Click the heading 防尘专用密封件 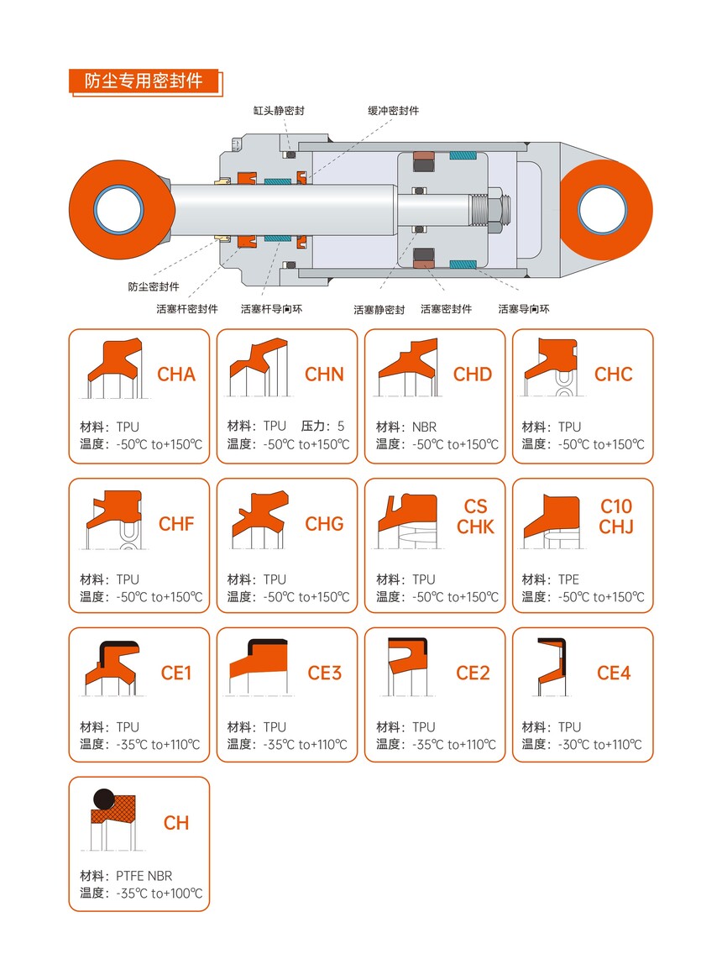tap(144, 81)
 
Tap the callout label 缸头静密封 tap(279, 111)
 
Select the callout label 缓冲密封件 tap(394, 111)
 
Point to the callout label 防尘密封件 tap(154, 287)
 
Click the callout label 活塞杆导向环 tap(272, 309)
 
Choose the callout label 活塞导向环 tap(524, 309)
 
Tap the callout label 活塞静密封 tap(379, 309)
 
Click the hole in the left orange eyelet tap(118, 210)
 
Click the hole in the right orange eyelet tap(602, 210)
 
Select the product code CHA tap(176, 375)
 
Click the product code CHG tap(324, 524)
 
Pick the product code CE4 tap(614, 673)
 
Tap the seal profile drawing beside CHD tap(408, 368)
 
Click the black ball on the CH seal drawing tap(103, 799)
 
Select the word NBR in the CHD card tap(424, 427)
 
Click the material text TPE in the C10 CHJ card tap(568, 579)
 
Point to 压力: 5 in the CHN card tap(322, 427)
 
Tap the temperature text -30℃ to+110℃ tap(599, 744)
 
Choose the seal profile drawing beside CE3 tap(259, 668)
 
